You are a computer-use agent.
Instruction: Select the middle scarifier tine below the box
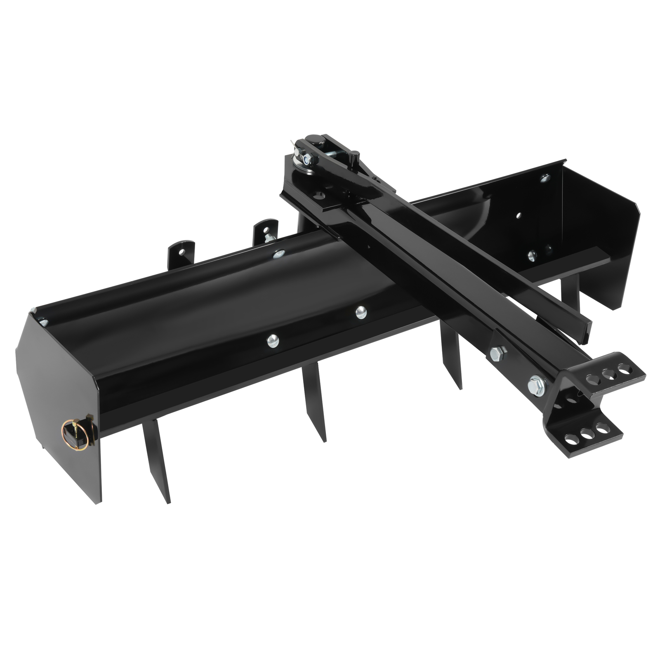tap(314, 402)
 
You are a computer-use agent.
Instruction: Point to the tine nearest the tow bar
tap(451, 355)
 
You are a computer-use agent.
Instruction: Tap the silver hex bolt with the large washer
tap(536, 386)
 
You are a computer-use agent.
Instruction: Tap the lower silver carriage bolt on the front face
tap(273, 340)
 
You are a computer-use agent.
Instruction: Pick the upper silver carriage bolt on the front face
tap(361, 312)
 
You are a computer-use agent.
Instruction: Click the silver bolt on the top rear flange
tap(279, 254)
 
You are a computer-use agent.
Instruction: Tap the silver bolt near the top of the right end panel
tap(545, 178)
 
